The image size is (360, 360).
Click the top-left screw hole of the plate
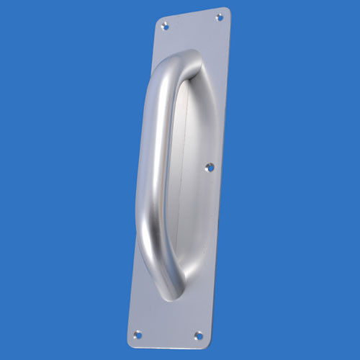click(165, 26)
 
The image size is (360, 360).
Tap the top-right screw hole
click(220, 17)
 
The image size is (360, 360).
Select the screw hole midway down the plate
click(210, 167)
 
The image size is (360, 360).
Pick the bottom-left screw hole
click(138, 333)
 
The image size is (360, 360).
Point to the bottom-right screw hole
click(198, 335)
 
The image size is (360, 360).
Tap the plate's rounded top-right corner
click(226, 10)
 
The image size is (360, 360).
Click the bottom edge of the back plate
click(168, 342)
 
